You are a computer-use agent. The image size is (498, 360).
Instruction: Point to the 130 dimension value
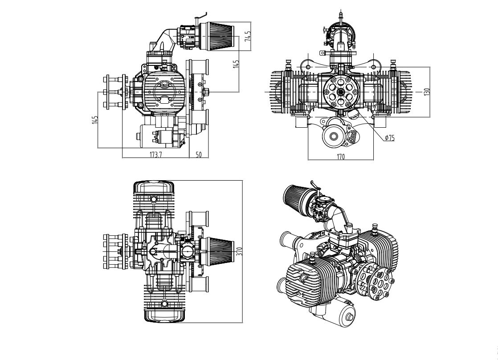(x=426, y=92)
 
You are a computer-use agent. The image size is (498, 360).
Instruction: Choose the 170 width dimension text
(x=340, y=156)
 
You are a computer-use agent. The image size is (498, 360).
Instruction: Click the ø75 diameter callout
(x=390, y=138)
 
